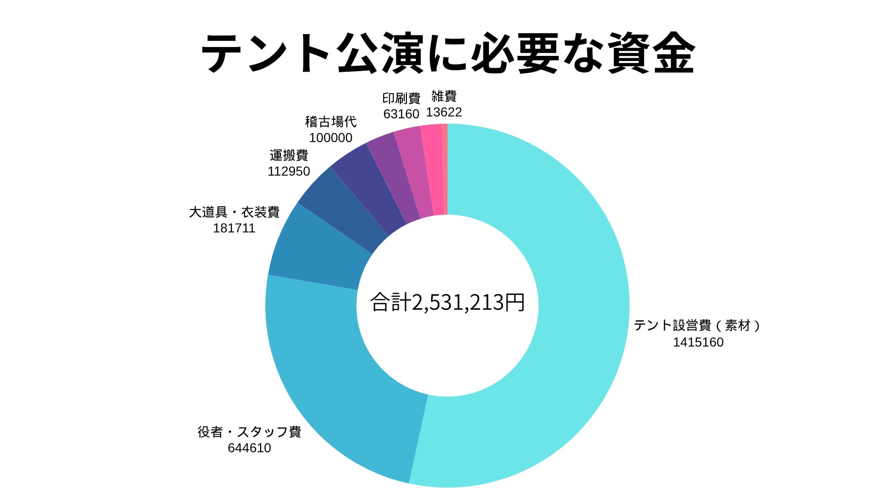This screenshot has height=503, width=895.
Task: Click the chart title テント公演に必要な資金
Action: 447,54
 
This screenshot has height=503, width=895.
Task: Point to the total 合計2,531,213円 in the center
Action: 447,303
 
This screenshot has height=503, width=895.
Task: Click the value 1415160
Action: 698,342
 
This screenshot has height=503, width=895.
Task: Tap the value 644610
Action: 249,448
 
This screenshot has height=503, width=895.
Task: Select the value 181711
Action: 234,228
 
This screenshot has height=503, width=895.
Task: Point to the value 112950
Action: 289,171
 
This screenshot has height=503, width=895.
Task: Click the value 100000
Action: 330,138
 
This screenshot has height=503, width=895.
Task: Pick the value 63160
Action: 401,114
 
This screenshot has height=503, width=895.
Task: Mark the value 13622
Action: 444,112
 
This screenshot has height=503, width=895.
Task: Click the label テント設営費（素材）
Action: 697,325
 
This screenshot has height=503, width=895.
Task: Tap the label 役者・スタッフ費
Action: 249,432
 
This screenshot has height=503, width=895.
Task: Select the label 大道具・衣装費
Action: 234,212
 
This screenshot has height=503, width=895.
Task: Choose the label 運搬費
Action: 289,155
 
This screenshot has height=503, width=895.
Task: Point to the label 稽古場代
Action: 330,122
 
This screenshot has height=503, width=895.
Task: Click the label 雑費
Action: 444,96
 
